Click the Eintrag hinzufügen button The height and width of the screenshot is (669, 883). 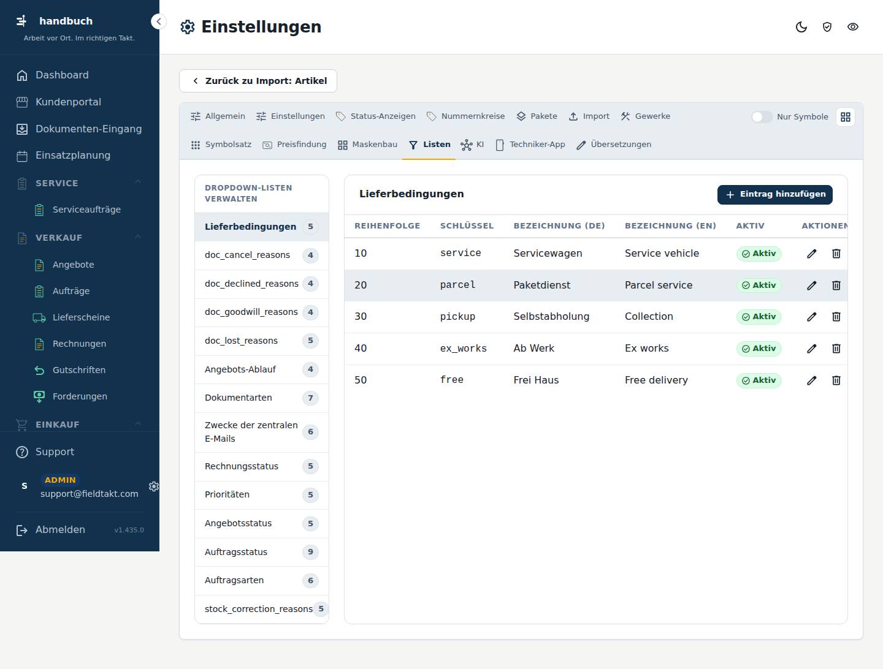pyautogui.click(x=774, y=194)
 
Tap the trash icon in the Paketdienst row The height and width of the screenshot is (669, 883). pyautogui.click(x=836, y=285)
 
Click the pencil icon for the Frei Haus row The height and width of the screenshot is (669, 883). pyautogui.click(x=811, y=380)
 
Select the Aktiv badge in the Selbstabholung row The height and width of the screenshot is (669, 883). pyautogui.click(x=759, y=317)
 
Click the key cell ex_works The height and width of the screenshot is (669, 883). pyautogui.click(x=463, y=349)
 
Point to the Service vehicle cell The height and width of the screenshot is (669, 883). pyautogui.click(x=662, y=253)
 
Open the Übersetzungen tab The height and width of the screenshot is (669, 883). pyautogui.click(x=614, y=145)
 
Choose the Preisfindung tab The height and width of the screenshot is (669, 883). pyautogui.click(x=294, y=145)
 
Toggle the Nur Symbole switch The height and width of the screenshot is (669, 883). pyautogui.click(x=762, y=117)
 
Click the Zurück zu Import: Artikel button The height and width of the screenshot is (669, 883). pyautogui.click(x=258, y=81)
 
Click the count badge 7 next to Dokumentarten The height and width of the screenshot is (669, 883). pyautogui.click(x=310, y=398)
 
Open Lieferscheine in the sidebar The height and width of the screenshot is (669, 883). pyautogui.click(x=81, y=317)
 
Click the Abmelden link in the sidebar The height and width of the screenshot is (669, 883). pyautogui.click(x=60, y=529)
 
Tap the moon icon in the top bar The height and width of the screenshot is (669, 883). pyautogui.click(x=801, y=27)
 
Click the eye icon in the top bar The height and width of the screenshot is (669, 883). pyautogui.click(x=852, y=27)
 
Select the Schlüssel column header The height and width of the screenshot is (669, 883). pyautogui.click(x=467, y=226)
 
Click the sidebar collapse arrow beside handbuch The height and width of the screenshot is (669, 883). pyautogui.click(x=158, y=21)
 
